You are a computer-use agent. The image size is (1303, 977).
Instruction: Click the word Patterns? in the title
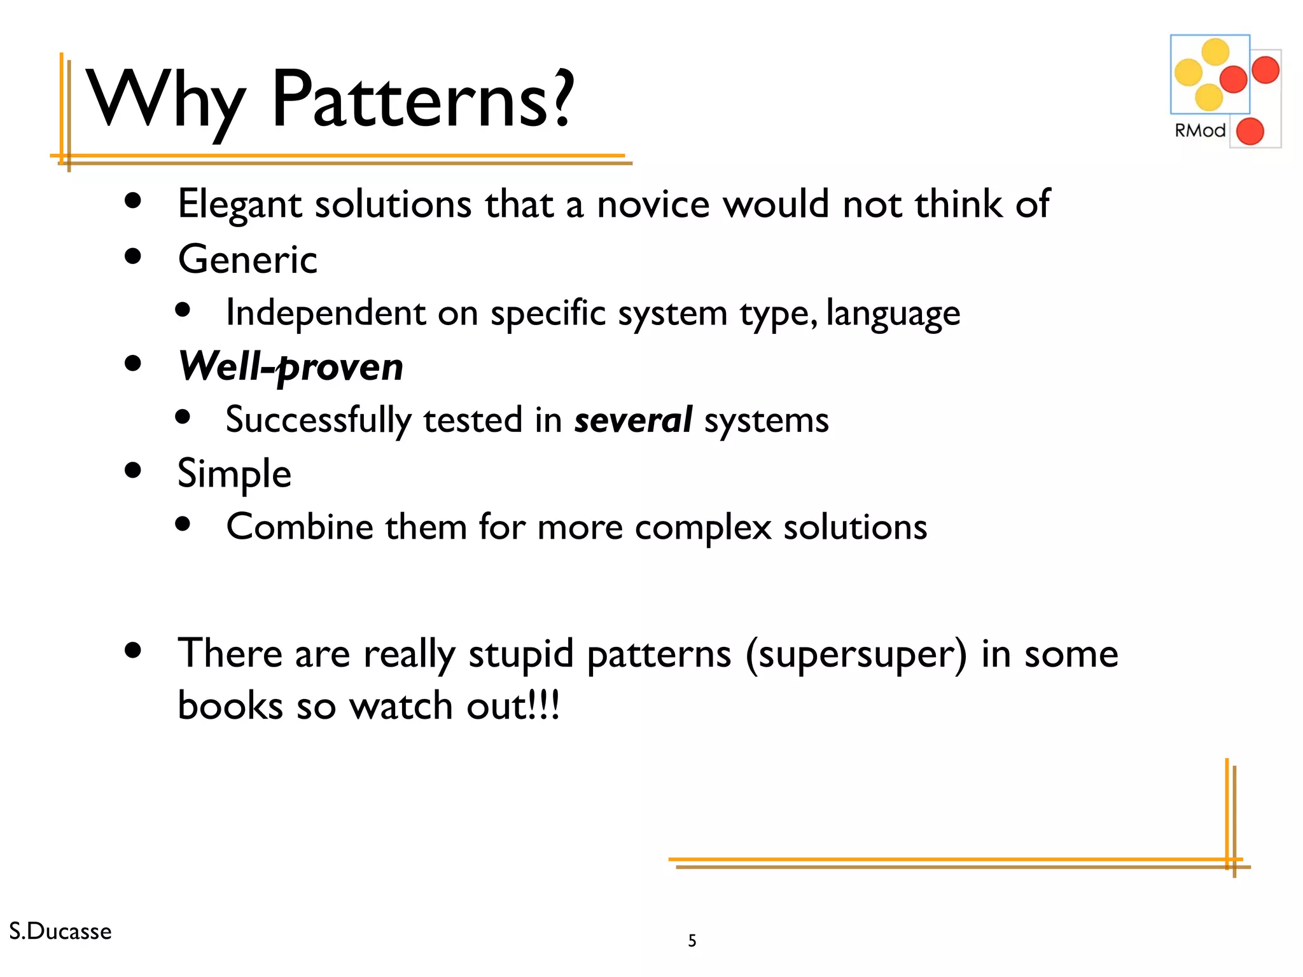(x=423, y=100)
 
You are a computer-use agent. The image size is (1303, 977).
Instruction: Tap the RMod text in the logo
(x=1199, y=130)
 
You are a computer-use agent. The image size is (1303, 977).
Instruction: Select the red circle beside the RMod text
(x=1250, y=132)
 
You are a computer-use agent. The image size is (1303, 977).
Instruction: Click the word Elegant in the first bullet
(x=239, y=205)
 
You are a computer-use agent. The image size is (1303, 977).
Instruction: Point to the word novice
(x=653, y=205)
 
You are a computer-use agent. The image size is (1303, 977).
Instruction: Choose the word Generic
(x=247, y=260)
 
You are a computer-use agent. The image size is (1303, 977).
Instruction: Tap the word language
(x=893, y=314)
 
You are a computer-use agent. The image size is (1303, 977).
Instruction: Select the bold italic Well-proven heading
(x=291, y=367)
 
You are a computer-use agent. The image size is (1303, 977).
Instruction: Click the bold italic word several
(x=633, y=420)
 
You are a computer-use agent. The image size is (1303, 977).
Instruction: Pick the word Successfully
(x=319, y=420)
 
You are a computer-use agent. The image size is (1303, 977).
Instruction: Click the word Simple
(x=234, y=474)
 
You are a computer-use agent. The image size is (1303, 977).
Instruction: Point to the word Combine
(x=300, y=527)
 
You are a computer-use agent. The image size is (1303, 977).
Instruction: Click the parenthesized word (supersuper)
(x=856, y=655)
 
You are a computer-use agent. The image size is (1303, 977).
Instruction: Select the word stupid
(x=521, y=655)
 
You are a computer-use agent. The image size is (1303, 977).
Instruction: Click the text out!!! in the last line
(x=513, y=706)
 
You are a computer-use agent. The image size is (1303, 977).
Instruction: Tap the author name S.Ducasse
(x=60, y=931)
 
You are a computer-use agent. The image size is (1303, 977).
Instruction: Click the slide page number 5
(x=692, y=941)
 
